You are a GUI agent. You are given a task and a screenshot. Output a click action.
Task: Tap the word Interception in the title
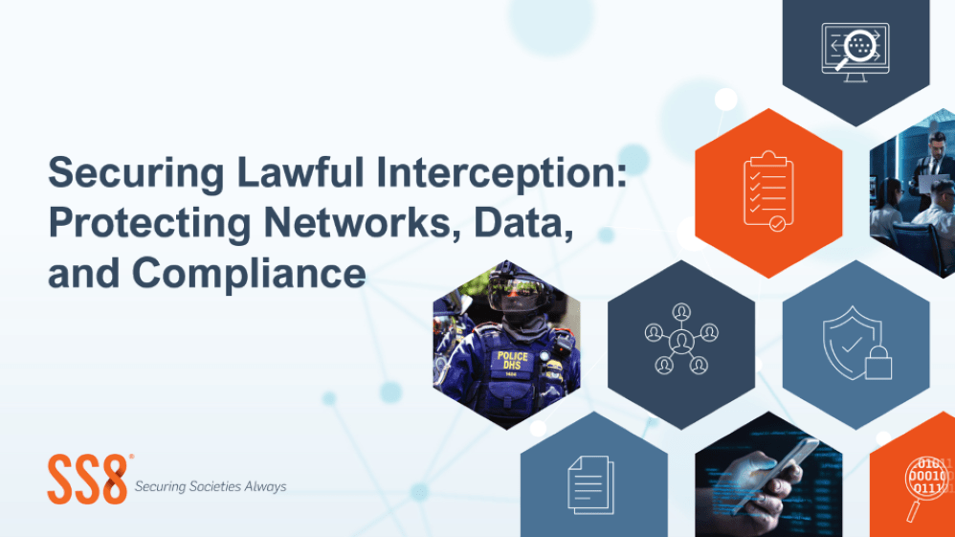(500, 174)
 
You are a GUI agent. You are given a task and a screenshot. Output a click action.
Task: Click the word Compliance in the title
(249, 274)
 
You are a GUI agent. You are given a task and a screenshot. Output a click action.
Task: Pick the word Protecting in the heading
(149, 224)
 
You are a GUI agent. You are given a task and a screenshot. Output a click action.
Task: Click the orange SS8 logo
(89, 480)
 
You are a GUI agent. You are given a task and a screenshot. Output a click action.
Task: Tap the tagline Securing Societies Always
(211, 486)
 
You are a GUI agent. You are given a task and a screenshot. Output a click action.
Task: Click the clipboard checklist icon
(768, 191)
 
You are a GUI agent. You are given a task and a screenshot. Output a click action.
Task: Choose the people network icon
(681, 339)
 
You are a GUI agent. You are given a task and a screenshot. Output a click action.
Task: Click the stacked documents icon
(590, 484)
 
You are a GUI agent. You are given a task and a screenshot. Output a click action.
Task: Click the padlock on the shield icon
(878, 364)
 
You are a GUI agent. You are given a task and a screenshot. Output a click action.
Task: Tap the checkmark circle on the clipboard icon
(778, 224)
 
